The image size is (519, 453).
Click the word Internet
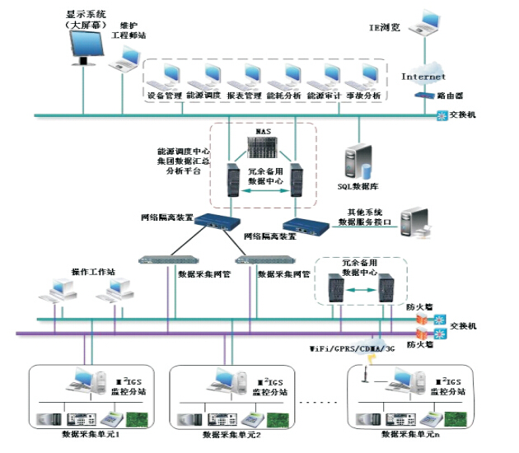coord(423,77)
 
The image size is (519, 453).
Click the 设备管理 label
coord(164,96)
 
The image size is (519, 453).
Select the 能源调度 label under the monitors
coord(203,96)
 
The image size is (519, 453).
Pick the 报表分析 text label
coord(244,96)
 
